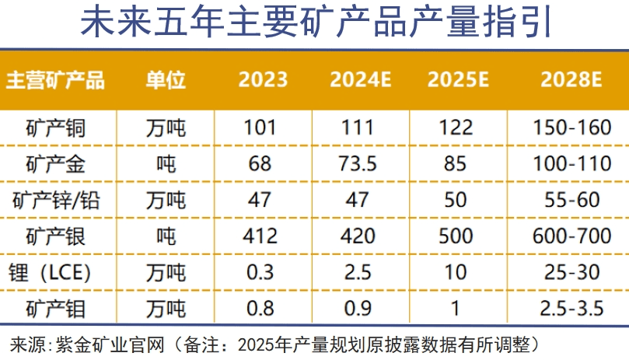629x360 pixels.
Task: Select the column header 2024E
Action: click(x=360, y=80)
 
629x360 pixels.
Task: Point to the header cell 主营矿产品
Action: click(x=55, y=80)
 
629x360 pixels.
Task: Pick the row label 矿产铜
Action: click(x=55, y=128)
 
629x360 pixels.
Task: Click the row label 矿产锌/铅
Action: click(x=55, y=200)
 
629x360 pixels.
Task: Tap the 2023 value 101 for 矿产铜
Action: click(x=263, y=128)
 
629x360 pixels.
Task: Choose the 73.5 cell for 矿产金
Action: click(x=360, y=164)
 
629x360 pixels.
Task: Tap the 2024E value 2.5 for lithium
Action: click(x=360, y=272)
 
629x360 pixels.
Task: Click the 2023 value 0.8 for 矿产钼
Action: click(x=263, y=308)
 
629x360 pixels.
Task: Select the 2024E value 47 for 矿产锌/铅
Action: click(x=360, y=200)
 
